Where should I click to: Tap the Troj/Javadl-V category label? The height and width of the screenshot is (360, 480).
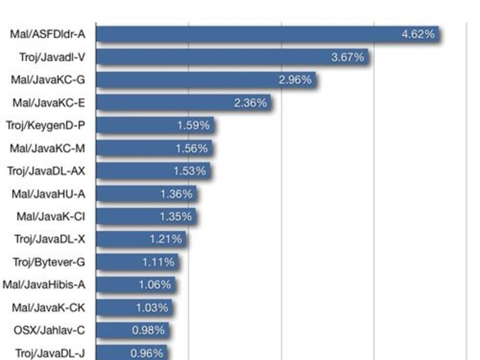point(52,57)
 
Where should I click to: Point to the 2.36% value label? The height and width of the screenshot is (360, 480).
point(250,103)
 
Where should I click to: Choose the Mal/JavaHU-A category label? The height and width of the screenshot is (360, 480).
point(49,194)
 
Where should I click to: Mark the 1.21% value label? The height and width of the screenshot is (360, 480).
point(166,239)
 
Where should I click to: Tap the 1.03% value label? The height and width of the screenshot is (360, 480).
point(152,308)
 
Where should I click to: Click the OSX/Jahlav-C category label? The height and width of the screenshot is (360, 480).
point(50,330)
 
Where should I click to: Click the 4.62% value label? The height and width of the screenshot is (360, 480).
point(418,34)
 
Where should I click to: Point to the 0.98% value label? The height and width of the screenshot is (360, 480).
point(148,330)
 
